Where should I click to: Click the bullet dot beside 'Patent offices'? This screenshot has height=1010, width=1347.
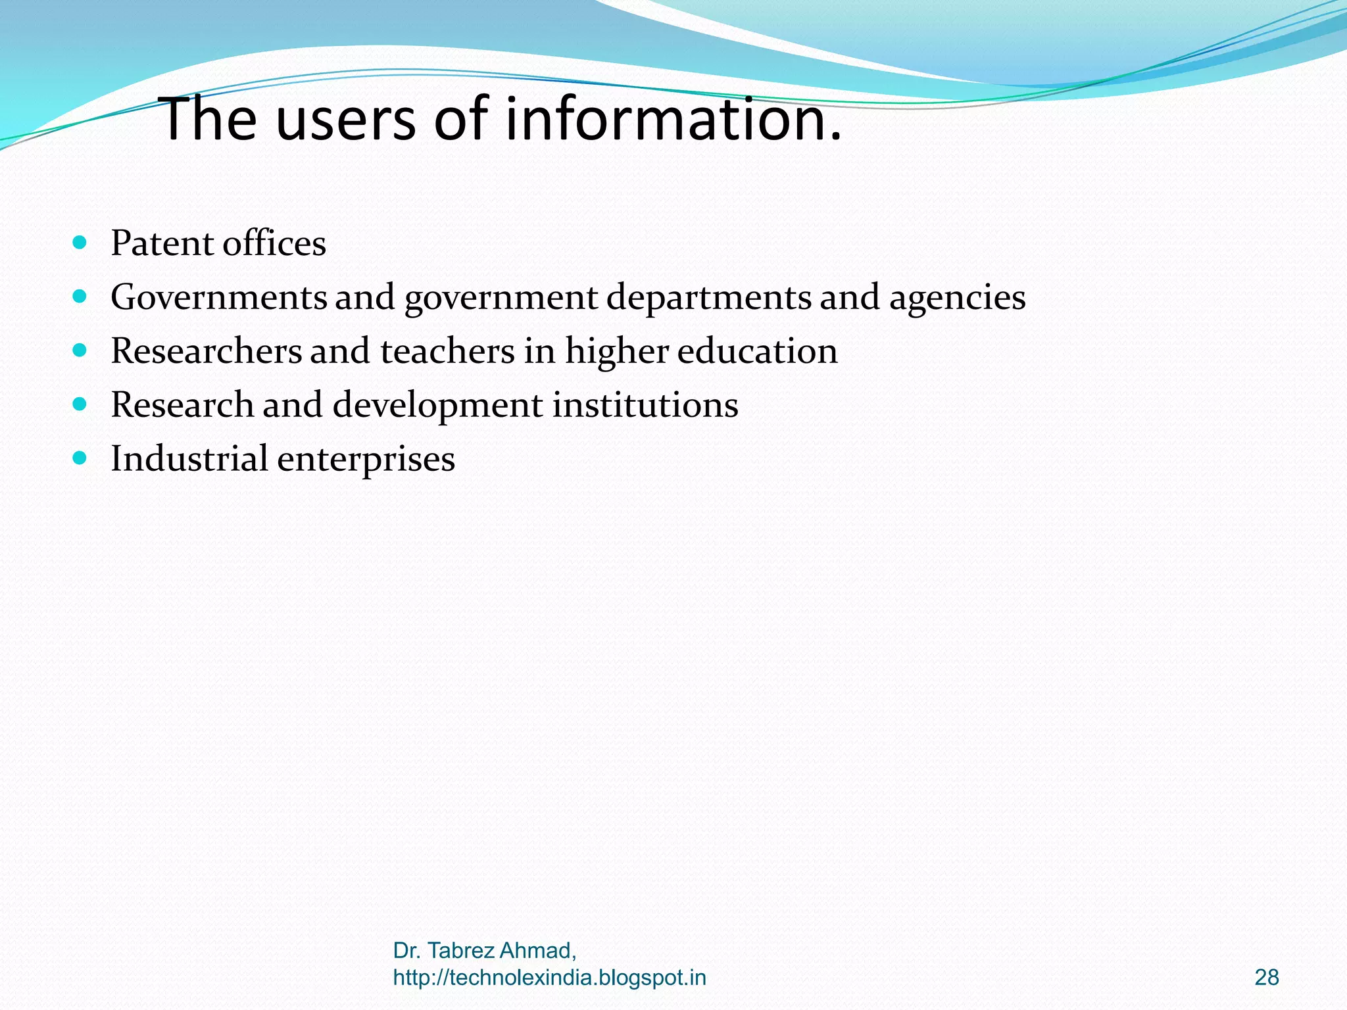pyautogui.click(x=80, y=243)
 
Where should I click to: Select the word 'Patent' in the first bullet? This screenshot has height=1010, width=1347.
pyautogui.click(x=162, y=243)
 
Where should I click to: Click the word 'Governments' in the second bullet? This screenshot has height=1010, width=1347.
pyautogui.click(x=218, y=297)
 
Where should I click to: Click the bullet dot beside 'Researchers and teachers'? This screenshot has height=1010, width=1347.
pyautogui.click(x=80, y=351)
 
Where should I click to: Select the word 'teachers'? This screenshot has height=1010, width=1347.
pyautogui.click(x=447, y=351)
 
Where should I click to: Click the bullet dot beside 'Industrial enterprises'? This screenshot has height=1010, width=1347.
pyautogui.click(x=80, y=458)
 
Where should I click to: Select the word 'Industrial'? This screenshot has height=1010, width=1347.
pyautogui.click(x=189, y=458)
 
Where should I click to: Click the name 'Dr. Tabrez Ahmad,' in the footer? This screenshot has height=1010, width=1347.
pyautogui.click(x=485, y=951)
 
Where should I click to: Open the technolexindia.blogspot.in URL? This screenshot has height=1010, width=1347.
pyautogui.click(x=549, y=978)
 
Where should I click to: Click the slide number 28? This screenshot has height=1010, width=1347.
pyautogui.click(x=1266, y=978)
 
